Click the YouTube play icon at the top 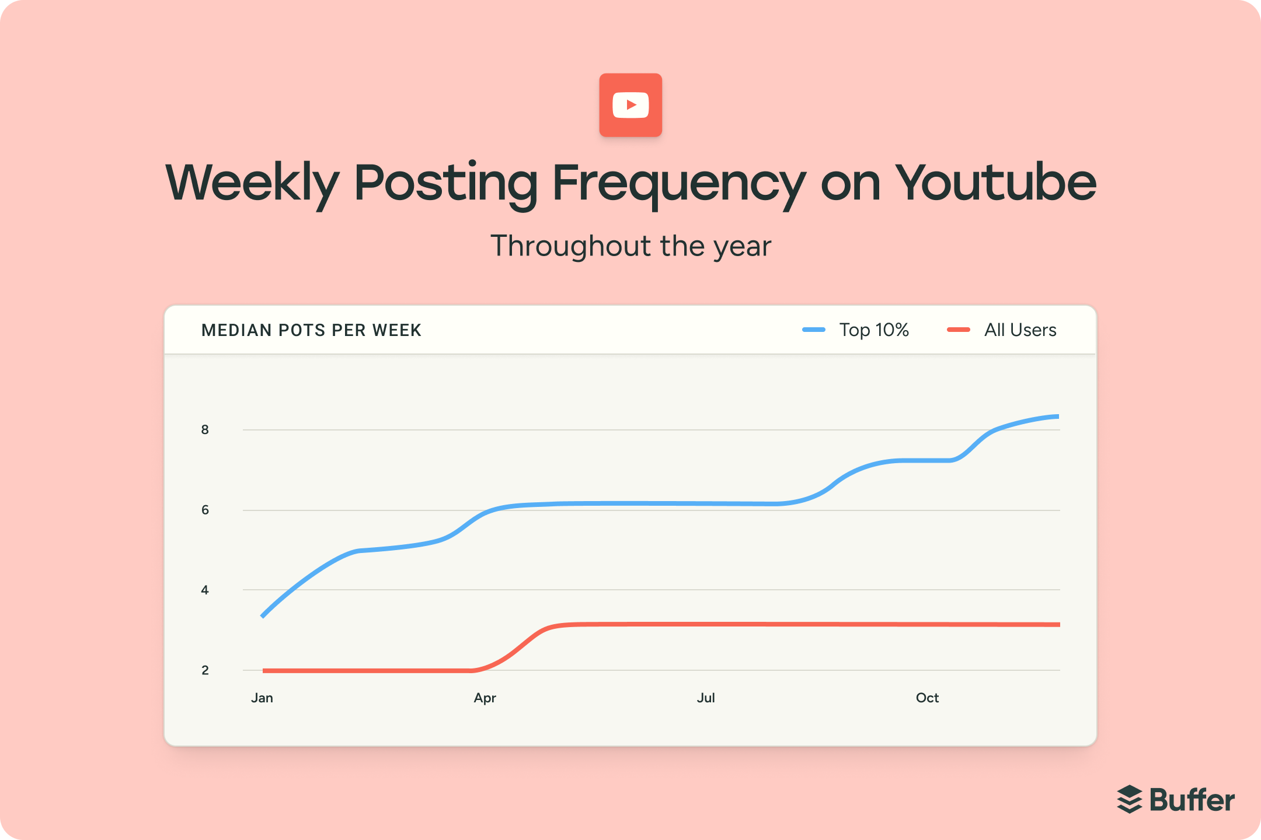pyautogui.click(x=630, y=105)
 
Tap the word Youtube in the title pyautogui.click(x=995, y=183)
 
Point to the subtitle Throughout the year pyautogui.click(x=630, y=246)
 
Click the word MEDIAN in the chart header pyautogui.click(x=236, y=330)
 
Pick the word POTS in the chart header pyautogui.click(x=302, y=330)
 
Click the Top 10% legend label pyautogui.click(x=874, y=330)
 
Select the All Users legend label pyautogui.click(x=1020, y=330)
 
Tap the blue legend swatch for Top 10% pyautogui.click(x=814, y=330)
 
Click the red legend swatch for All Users pyautogui.click(x=959, y=330)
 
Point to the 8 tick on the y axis pyautogui.click(x=205, y=430)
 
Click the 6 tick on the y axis pyautogui.click(x=205, y=510)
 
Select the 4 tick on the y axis pyautogui.click(x=205, y=590)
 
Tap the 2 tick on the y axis pyautogui.click(x=205, y=671)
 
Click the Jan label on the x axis pyautogui.click(x=262, y=698)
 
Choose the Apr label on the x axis pyautogui.click(x=485, y=698)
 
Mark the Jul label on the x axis pyautogui.click(x=706, y=698)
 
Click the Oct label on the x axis pyautogui.click(x=927, y=698)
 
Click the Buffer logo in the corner pyautogui.click(x=1176, y=800)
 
